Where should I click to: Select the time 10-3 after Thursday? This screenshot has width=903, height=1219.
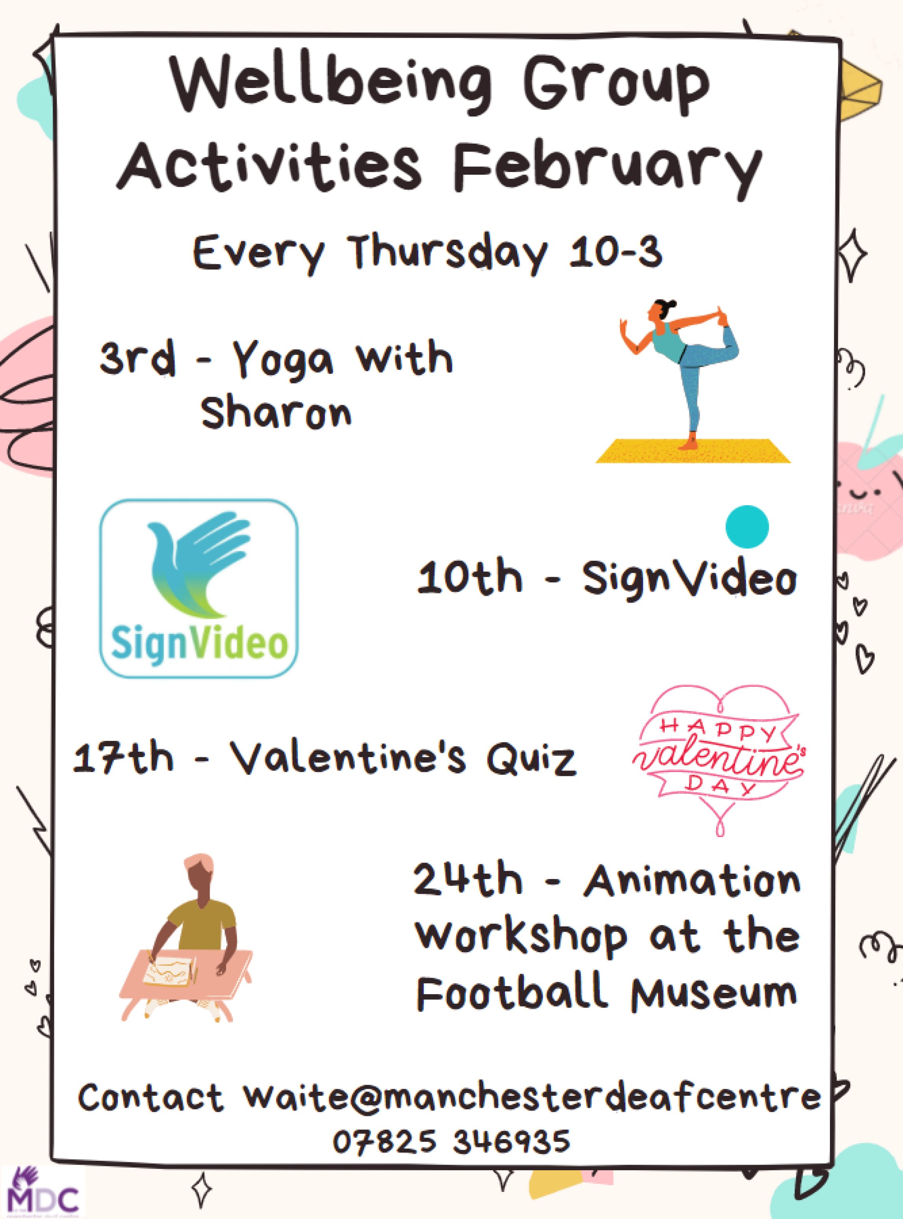(616, 253)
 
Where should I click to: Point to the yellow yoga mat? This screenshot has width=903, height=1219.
(693, 451)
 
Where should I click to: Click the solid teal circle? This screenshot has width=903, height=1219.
(747, 526)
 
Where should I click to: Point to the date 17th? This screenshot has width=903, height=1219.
(123, 757)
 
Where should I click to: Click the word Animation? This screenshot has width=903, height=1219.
(691, 881)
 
